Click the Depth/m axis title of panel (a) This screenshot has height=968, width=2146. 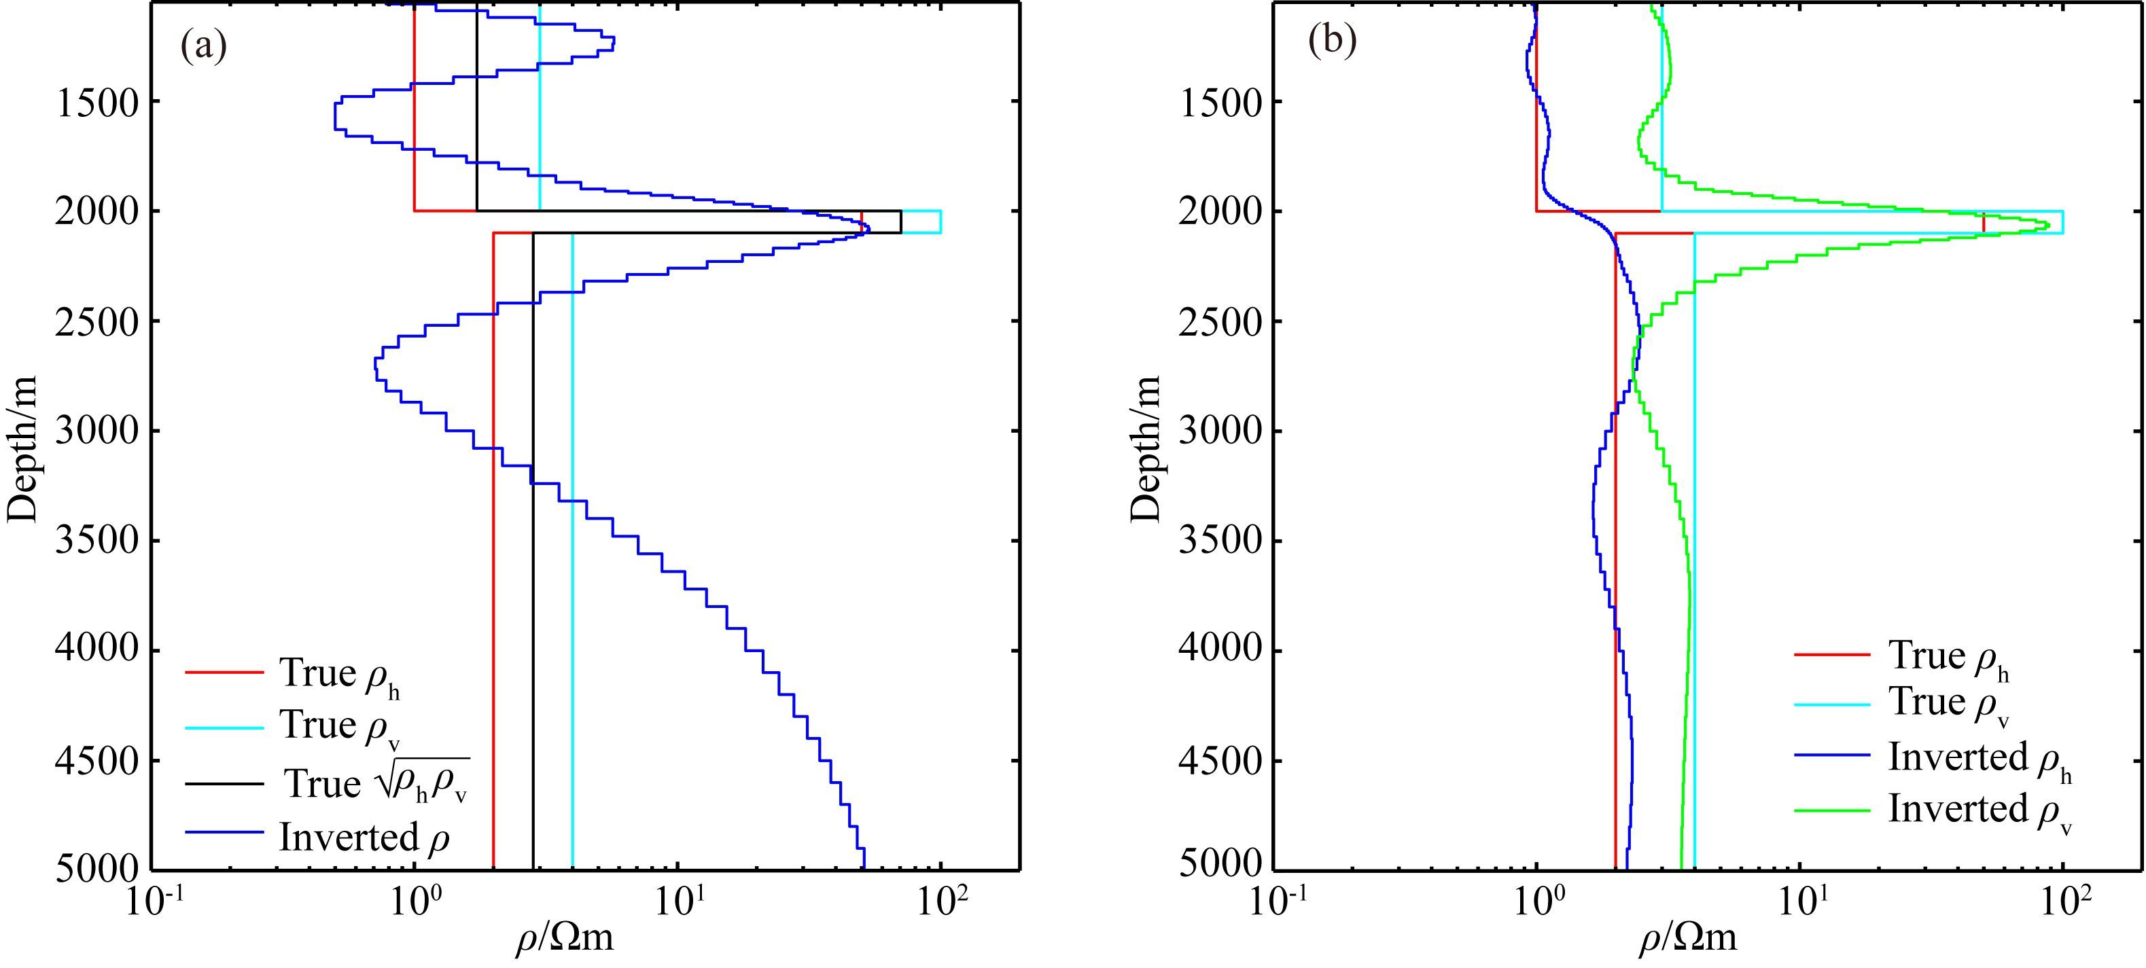tap(23, 450)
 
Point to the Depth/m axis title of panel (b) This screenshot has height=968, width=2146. tap(1146, 450)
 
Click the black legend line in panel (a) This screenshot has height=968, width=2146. tap(224, 784)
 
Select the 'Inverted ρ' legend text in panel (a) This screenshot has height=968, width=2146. tap(365, 837)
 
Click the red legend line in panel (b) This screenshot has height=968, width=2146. tap(1832, 655)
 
